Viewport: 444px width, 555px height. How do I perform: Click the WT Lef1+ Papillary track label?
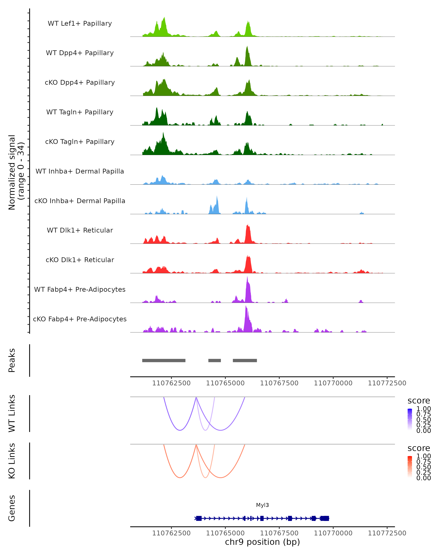(80, 23)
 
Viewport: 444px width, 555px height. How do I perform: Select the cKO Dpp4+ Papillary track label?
(80, 82)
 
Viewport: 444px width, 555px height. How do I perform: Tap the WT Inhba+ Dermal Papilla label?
(80, 171)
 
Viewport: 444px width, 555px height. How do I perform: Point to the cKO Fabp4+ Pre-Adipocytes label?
(80, 319)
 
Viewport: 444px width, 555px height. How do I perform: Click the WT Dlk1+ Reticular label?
(80, 230)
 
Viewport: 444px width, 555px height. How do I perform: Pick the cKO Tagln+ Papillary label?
(80, 142)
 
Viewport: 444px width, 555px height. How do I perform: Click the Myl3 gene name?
(262, 505)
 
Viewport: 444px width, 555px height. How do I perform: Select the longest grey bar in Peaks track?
(164, 360)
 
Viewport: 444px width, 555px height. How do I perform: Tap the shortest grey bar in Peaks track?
(214, 360)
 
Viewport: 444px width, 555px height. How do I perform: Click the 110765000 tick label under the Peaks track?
(225, 383)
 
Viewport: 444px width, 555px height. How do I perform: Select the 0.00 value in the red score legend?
(423, 478)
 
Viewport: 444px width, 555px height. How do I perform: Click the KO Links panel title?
(12, 461)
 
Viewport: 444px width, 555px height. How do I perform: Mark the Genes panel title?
(12, 508)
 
